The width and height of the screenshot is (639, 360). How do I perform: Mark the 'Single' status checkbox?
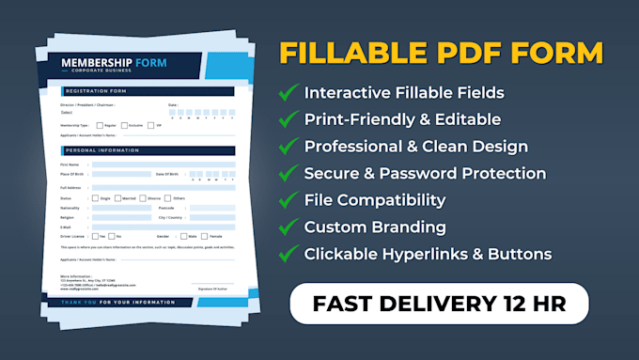[x=94, y=198]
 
